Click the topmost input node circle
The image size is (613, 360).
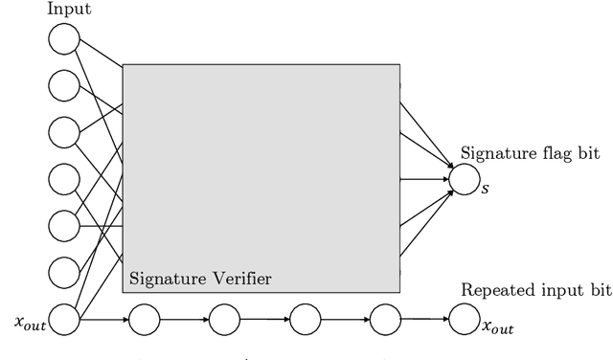pos(64,40)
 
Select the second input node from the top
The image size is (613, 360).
pos(64,86)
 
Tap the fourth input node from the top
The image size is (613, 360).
pos(64,179)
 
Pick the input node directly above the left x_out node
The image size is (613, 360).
pos(64,272)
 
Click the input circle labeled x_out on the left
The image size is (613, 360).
pos(64,319)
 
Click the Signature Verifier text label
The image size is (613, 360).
pos(200,279)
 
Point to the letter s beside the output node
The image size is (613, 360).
pos(486,187)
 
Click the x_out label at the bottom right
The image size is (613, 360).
pos(498,328)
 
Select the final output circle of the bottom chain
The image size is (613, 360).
pos(465,318)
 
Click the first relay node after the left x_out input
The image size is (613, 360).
pos(144,318)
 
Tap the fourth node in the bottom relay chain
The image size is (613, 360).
pos(384,318)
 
